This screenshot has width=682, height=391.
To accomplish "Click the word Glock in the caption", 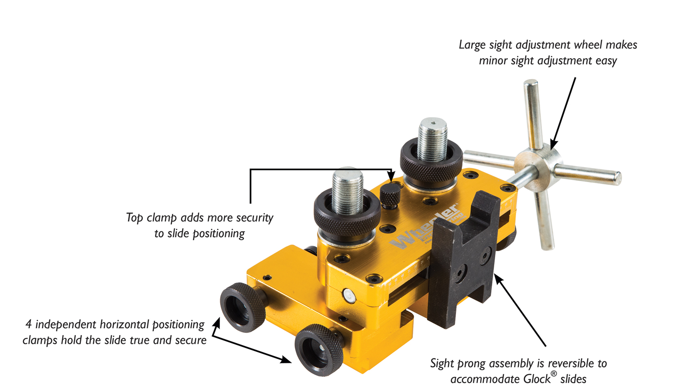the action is (x=537, y=380).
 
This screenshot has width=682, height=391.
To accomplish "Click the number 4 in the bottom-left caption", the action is (x=29, y=324).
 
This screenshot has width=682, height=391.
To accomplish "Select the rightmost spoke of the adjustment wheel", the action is (x=587, y=174).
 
